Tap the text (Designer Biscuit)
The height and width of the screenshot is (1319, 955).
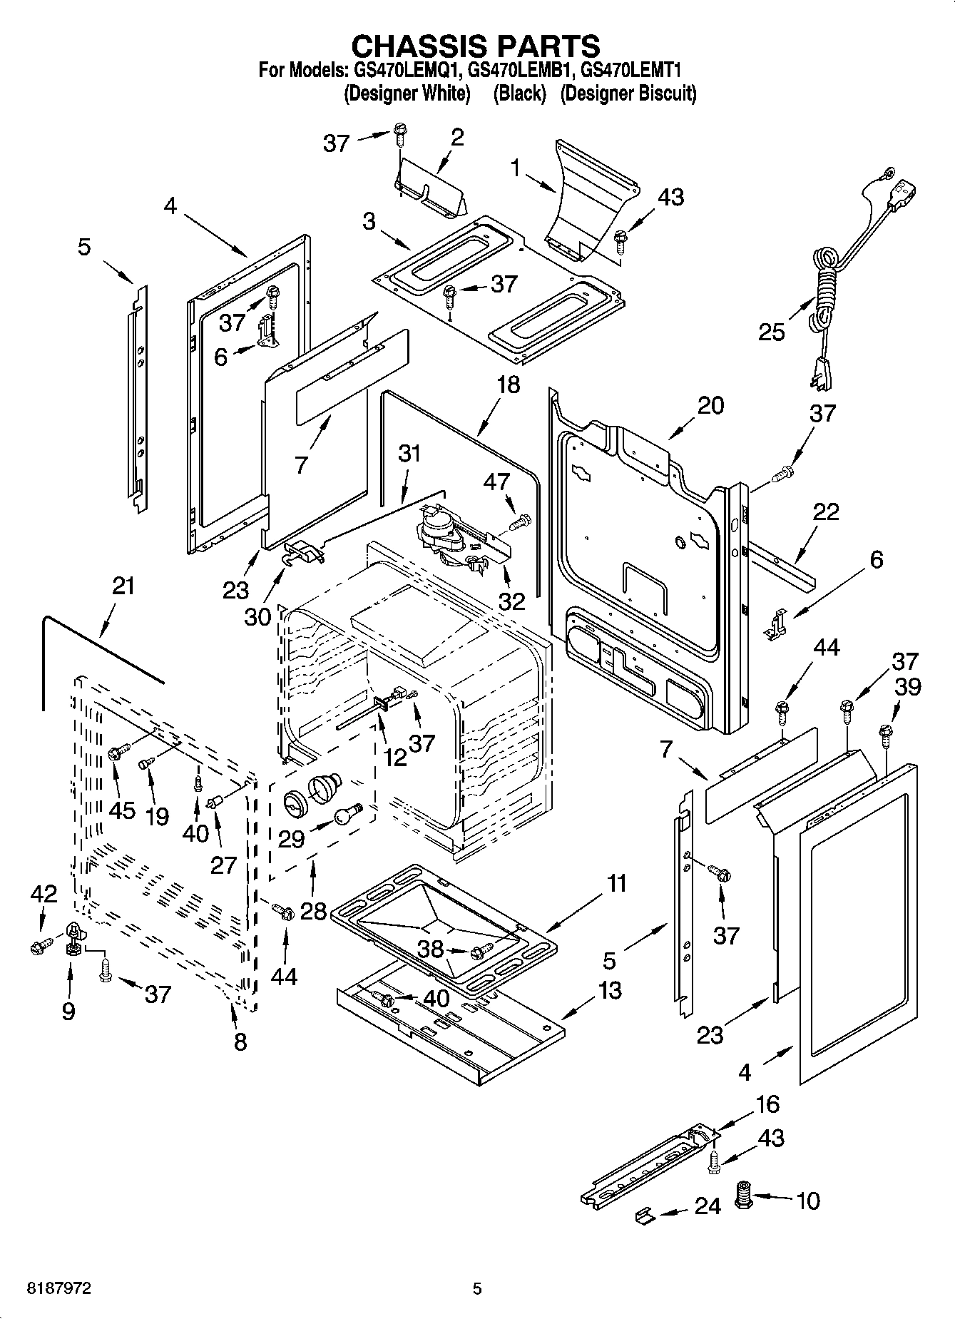[628, 93]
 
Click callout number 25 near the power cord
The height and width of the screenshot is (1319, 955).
[772, 332]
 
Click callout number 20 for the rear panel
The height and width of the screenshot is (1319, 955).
[710, 405]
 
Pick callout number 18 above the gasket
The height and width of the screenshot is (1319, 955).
[509, 385]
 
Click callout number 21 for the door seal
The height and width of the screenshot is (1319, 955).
[123, 586]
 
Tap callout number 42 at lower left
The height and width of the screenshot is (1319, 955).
[44, 894]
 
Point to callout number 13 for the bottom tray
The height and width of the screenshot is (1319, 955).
[611, 991]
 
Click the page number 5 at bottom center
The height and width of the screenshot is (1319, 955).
[477, 1288]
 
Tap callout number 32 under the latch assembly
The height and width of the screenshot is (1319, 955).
[511, 601]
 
